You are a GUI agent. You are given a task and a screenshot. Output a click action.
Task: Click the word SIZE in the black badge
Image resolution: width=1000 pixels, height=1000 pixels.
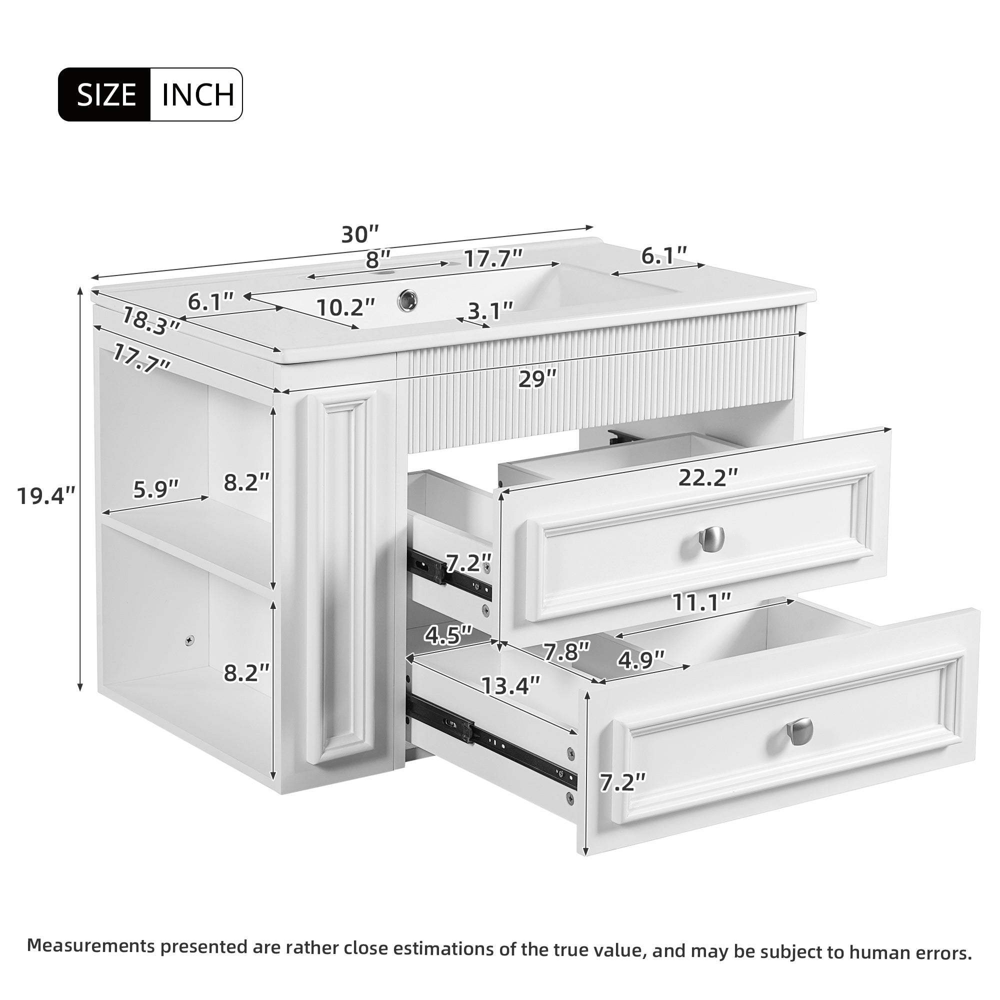click(x=106, y=94)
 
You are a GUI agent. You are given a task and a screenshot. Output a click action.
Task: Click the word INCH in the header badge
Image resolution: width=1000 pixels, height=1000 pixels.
click(x=197, y=94)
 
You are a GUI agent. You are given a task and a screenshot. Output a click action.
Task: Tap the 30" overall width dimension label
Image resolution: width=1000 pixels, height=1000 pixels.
click(x=360, y=234)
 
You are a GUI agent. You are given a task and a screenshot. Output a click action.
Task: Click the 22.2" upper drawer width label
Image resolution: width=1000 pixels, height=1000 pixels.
click(x=707, y=477)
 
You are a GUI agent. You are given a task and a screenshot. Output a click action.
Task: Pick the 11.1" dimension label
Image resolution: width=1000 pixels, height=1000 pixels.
click(x=701, y=602)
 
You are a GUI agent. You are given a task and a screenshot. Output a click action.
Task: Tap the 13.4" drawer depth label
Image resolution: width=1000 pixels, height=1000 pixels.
click(x=511, y=686)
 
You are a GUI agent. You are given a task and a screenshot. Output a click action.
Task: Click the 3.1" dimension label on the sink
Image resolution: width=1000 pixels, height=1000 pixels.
click(x=489, y=310)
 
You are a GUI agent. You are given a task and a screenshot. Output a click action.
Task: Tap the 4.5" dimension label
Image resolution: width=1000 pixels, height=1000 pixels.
click(x=448, y=635)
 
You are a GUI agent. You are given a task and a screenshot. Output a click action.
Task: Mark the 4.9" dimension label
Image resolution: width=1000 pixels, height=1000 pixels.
click(x=641, y=660)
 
